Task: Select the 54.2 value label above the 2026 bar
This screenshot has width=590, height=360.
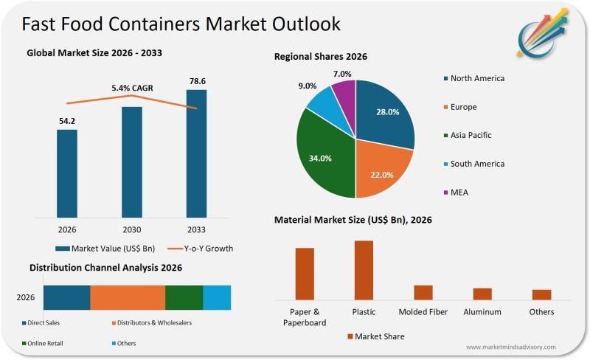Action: [67, 120]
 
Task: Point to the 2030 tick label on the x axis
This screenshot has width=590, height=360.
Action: [132, 229]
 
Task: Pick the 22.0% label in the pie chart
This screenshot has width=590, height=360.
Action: [381, 174]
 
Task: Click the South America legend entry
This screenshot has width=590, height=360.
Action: [476, 164]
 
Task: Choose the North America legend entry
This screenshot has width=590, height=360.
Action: [476, 78]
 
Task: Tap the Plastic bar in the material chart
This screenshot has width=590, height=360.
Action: [364, 270]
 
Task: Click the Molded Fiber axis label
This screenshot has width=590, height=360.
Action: [423, 312]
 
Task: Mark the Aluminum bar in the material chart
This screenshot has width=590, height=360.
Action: [482, 294]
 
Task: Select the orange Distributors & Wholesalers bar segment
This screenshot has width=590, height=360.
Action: [128, 297]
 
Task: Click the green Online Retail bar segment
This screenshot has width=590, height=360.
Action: [184, 297]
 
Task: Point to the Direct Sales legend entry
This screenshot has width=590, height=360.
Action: [44, 323]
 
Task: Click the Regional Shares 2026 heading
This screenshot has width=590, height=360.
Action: [320, 56]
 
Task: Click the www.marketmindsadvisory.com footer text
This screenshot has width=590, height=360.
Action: [510, 347]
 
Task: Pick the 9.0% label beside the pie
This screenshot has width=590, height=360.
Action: [307, 86]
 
